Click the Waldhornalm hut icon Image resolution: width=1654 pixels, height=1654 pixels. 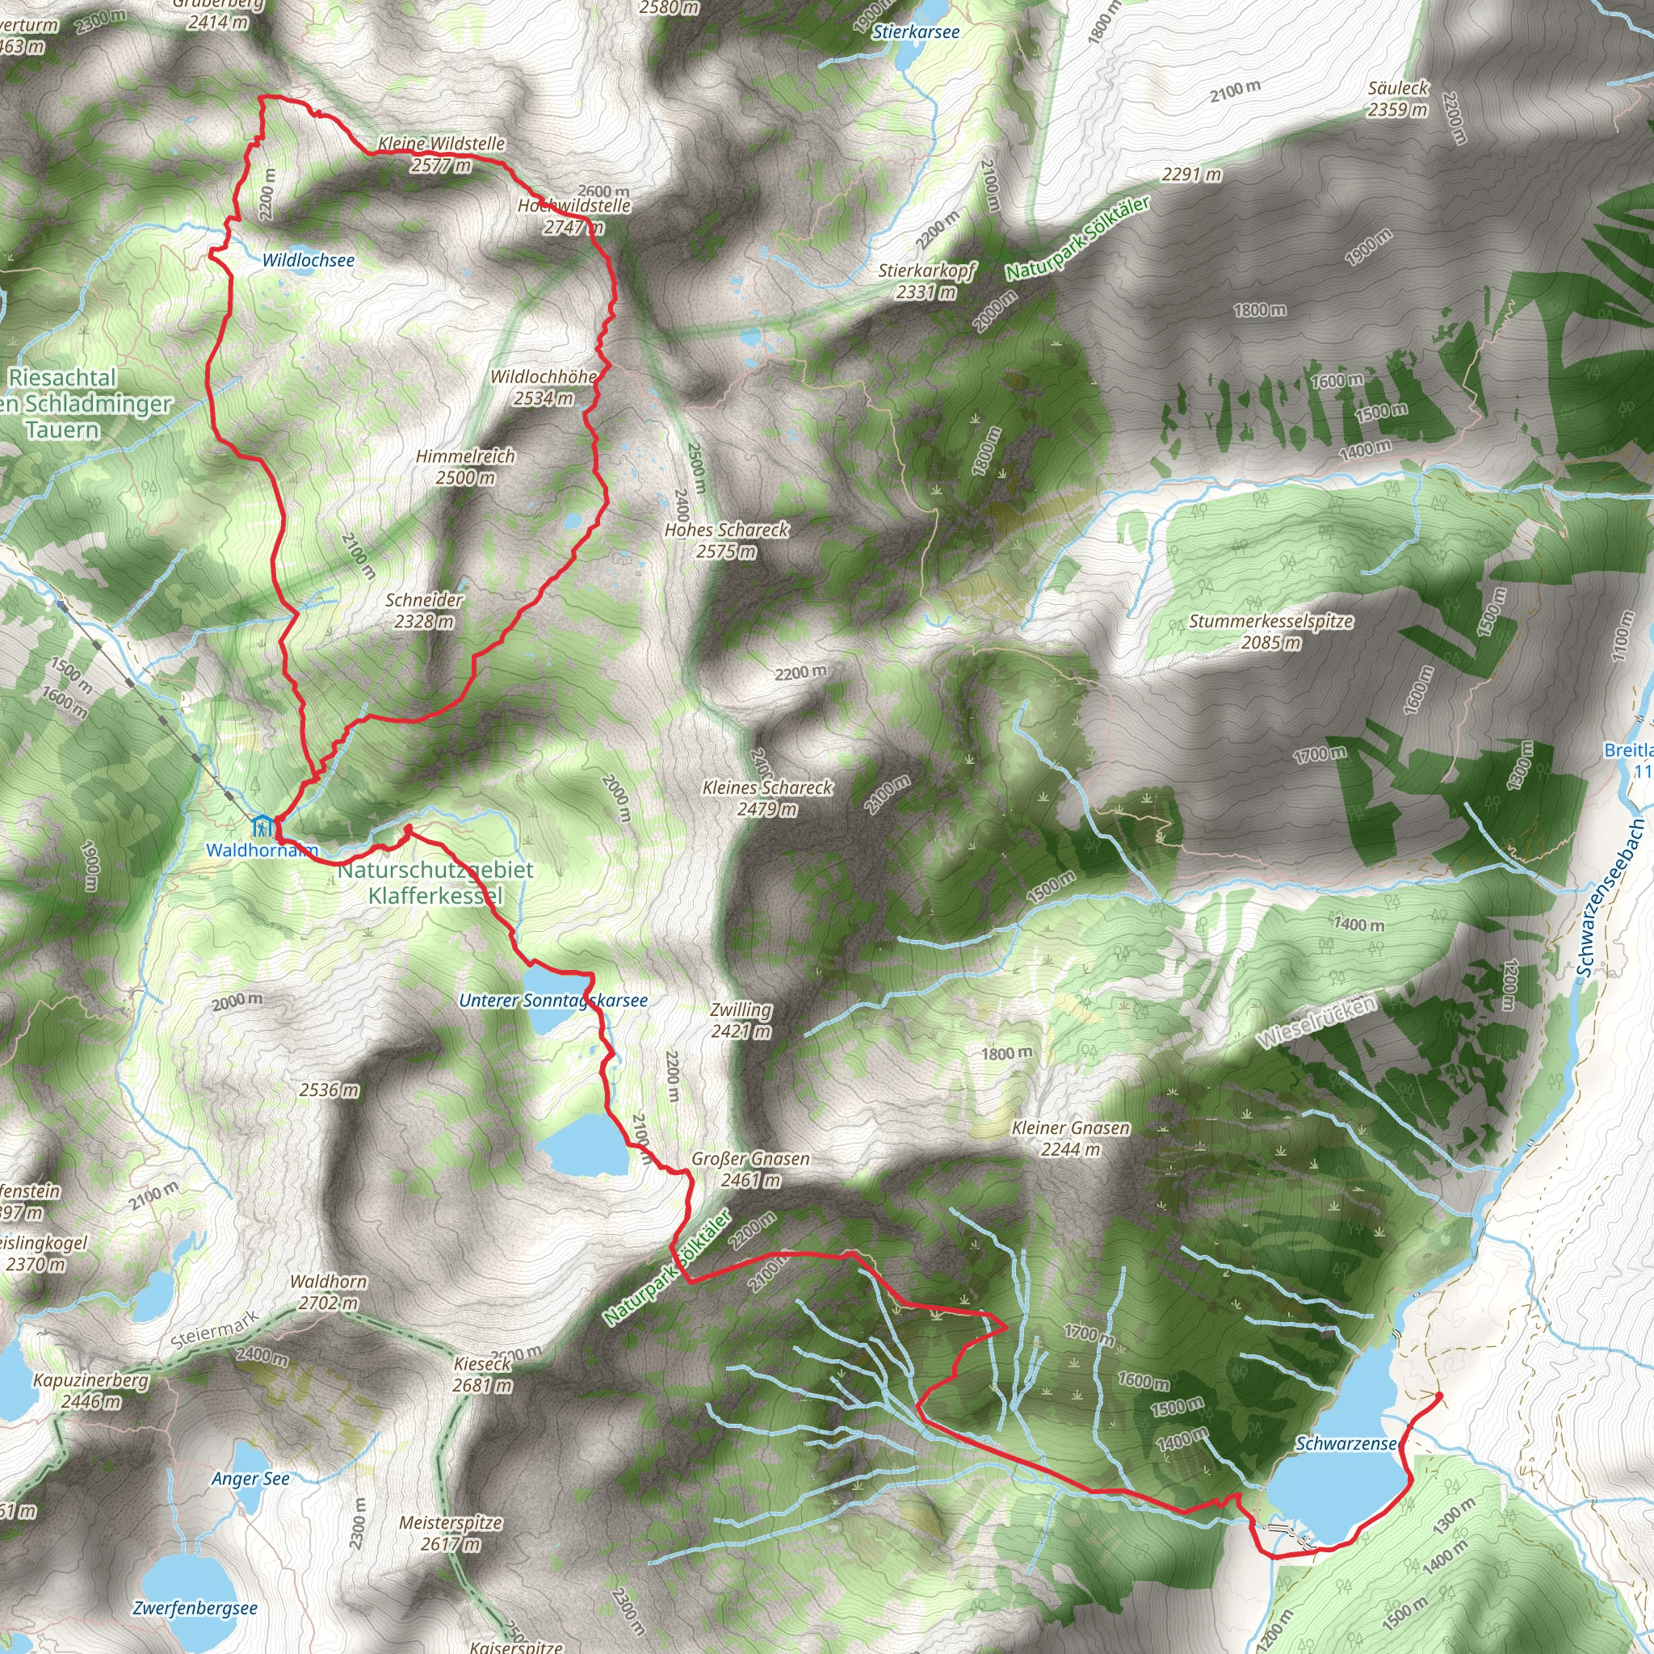tap(262, 827)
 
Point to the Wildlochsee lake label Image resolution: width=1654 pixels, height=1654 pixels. tap(309, 260)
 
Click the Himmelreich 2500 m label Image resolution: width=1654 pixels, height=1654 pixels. tap(466, 467)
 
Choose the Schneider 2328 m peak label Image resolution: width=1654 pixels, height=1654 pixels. tap(424, 611)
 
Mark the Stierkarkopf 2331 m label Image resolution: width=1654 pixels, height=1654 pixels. tap(926, 281)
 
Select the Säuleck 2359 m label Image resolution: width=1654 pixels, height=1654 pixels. tap(1398, 99)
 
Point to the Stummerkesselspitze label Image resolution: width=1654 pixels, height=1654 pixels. tap(1271, 631)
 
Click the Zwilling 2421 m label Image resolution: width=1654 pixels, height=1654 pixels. tap(741, 1021)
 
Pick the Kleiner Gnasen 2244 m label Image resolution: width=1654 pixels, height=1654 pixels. tap(1070, 1139)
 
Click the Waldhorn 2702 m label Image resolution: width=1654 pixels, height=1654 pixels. tap(328, 1292)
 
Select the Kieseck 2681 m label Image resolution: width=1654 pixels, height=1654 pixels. tap(482, 1374)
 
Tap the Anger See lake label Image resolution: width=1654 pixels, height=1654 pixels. tap(251, 1479)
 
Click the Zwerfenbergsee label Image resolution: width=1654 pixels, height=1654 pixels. tap(195, 1608)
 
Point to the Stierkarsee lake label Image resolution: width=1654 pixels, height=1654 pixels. tap(915, 31)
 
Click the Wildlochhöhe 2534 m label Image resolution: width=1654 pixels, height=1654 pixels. tap(544, 387)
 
